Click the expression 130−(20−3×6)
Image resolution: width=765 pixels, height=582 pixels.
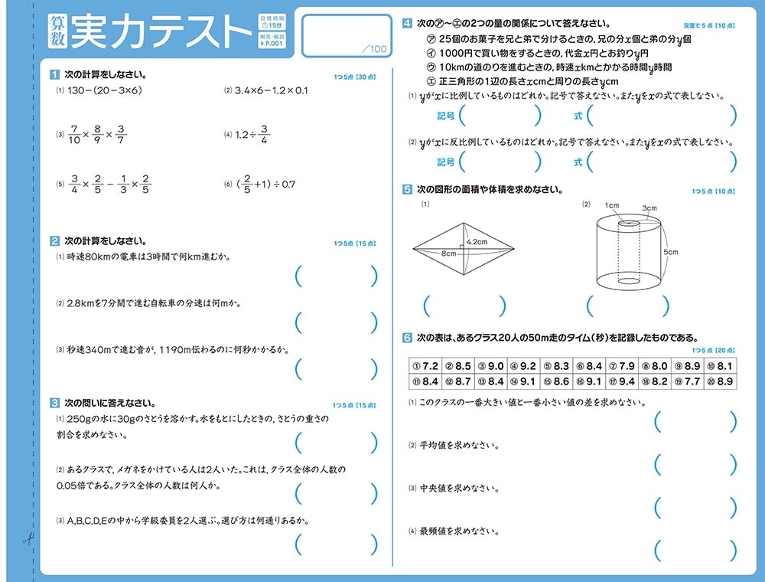pyautogui.click(x=104, y=90)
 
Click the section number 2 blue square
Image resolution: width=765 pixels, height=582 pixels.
pyautogui.click(x=54, y=240)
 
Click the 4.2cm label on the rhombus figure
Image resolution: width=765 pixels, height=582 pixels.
pyautogui.click(x=477, y=242)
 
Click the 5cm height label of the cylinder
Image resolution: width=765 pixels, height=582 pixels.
pyautogui.click(x=670, y=252)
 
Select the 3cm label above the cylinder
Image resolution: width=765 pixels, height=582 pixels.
pyautogui.click(x=649, y=208)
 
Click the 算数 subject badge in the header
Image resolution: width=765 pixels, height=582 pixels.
pyautogui.click(x=56, y=32)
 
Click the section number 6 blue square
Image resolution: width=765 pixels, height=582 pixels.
pyautogui.click(x=408, y=336)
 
